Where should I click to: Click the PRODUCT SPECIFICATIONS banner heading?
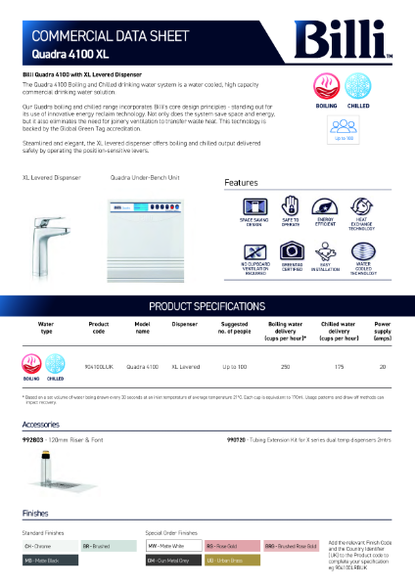point(207,305)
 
